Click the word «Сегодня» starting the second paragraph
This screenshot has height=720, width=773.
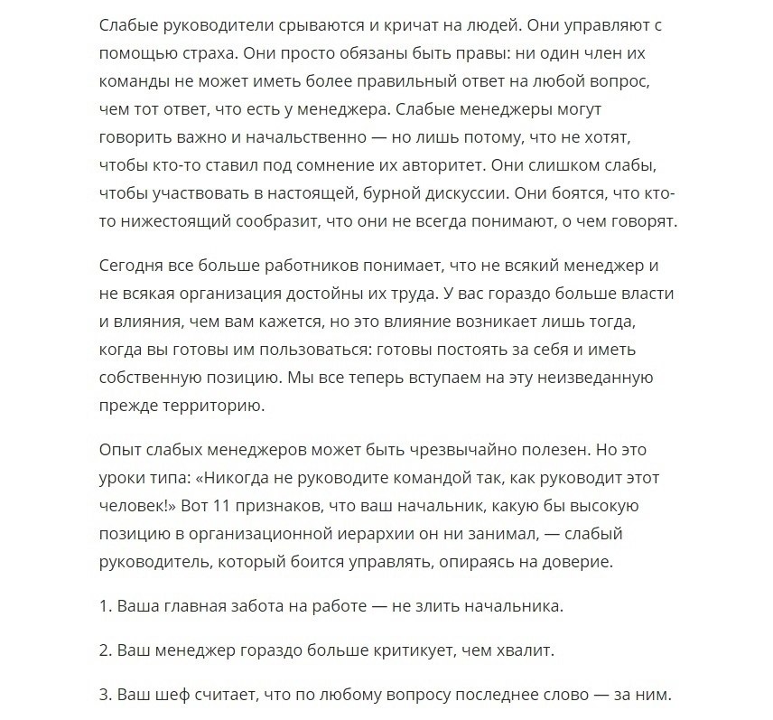pos(130,266)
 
